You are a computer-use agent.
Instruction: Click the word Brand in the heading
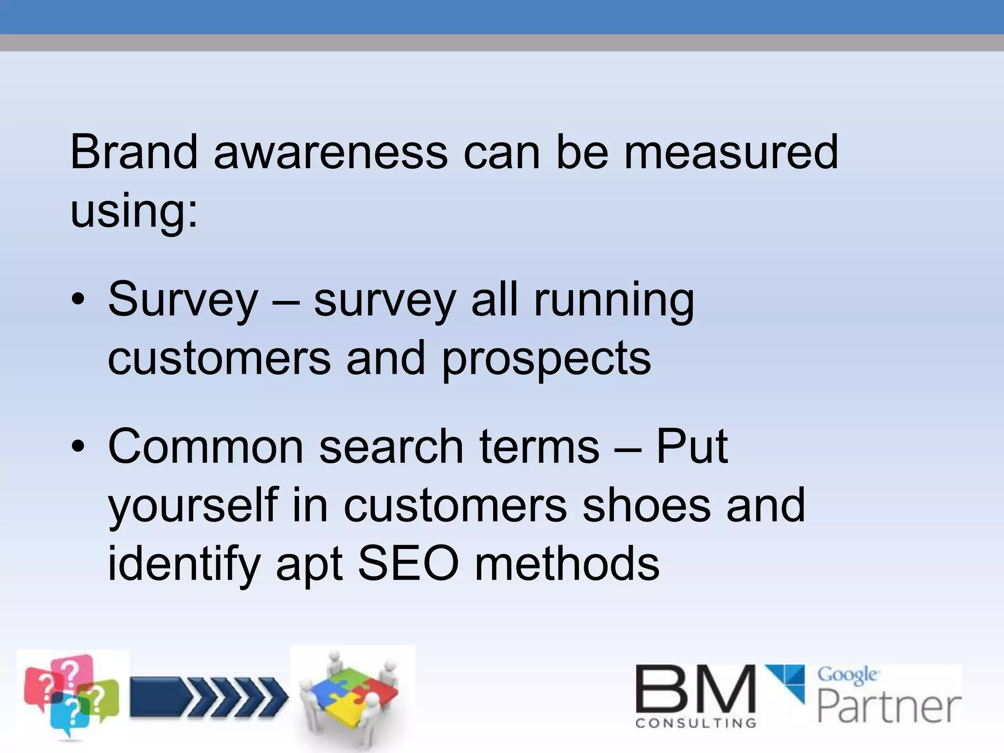tap(133, 152)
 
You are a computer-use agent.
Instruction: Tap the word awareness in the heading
tap(331, 153)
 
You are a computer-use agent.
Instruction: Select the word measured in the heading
tap(730, 152)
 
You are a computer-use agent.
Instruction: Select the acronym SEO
tap(408, 564)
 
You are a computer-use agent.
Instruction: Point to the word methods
tap(567, 564)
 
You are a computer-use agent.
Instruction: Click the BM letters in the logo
tap(695, 689)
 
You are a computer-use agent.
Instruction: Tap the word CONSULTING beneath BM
tap(695, 723)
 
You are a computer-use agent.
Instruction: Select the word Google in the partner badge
tap(847, 676)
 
